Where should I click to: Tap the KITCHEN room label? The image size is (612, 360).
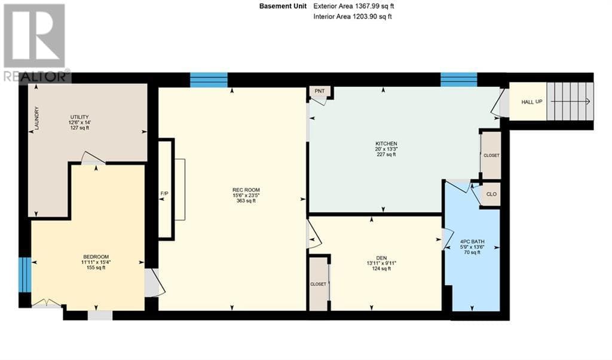tap(386, 144)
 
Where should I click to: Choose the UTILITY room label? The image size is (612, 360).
tap(79, 117)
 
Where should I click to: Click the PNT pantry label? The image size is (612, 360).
tap(320, 91)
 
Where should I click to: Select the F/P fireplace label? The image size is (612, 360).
tap(164, 193)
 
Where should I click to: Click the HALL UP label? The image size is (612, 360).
tap(531, 102)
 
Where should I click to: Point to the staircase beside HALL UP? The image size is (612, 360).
tap(570, 102)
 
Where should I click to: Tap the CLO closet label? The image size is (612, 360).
tap(491, 194)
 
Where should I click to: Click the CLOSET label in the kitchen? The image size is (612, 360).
tap(491, 155)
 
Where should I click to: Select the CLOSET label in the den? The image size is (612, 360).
tap(318, 284)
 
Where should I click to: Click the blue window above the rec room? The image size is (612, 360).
tap(209, 80)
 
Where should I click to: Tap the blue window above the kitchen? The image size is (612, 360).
tap(458, 79)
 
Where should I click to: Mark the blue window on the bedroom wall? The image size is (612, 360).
tap(24, 274)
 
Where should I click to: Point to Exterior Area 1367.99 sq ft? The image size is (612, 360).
tap(354, 7)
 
